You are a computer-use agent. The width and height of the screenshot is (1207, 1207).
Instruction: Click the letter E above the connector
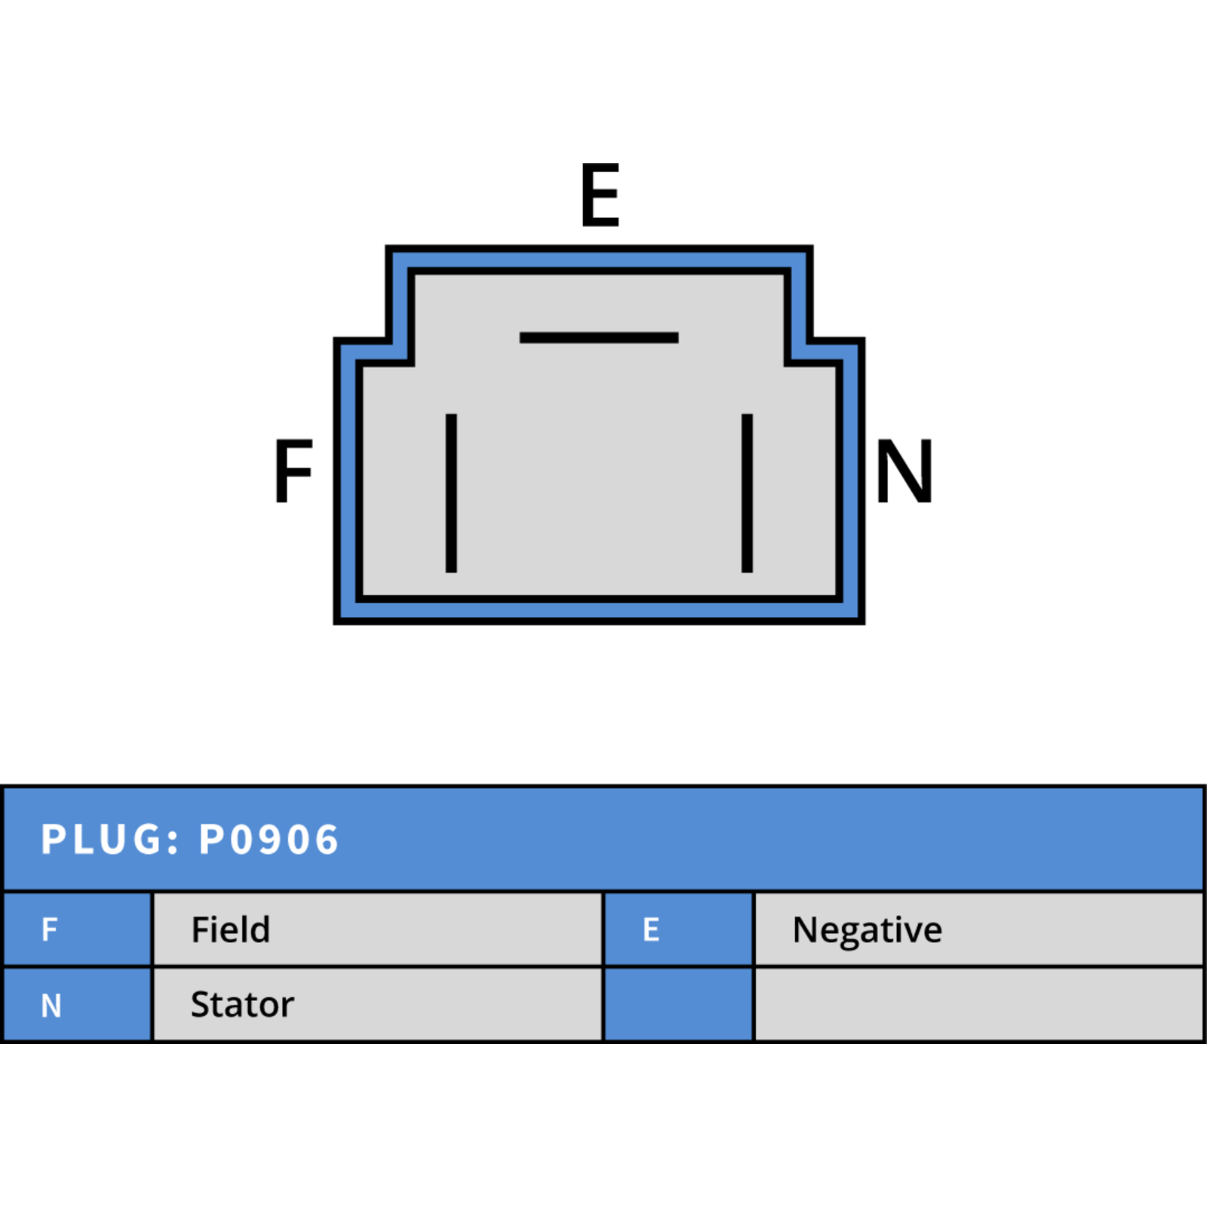600,195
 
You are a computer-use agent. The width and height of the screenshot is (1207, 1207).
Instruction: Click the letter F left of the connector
293,471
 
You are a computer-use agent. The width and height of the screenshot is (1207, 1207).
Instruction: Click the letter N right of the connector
904,471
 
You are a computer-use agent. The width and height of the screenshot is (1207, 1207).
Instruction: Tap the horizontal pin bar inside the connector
599,338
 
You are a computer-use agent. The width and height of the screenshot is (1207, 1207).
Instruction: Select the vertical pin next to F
451,493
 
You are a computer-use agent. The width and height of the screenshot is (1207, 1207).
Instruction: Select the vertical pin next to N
747,493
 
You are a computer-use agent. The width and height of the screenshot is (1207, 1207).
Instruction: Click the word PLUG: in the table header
110,840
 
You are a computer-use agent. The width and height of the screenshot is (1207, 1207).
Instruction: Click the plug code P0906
269,840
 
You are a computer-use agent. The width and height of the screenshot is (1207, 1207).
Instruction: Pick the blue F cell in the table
77,929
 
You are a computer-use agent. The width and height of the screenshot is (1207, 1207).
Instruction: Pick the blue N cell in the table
77,1005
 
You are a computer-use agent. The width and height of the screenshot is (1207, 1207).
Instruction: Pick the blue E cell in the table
679,929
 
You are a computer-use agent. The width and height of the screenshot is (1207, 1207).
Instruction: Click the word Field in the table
231,929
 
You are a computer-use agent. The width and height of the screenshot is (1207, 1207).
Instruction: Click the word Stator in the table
242,1005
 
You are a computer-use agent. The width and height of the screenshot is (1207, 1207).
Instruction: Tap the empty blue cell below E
679,1005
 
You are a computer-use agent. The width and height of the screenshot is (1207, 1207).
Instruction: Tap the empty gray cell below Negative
979,1005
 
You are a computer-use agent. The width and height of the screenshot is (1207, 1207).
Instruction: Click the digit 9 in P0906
269,840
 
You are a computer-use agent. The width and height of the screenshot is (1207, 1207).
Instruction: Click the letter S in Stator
201,1005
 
